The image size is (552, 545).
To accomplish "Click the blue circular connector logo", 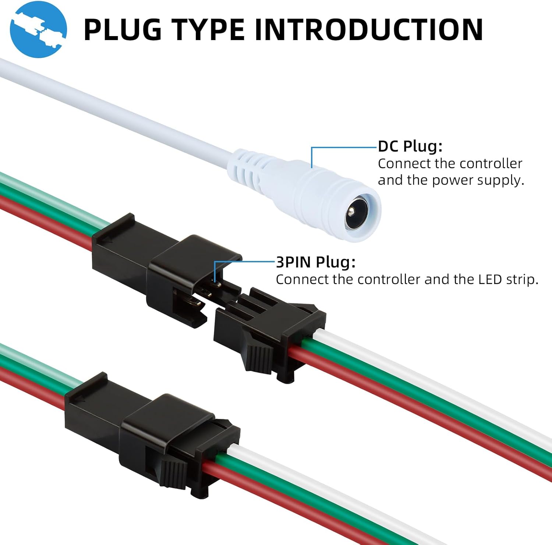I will [x=38, y=29].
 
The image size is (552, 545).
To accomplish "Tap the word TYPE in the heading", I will [x=208, y=29].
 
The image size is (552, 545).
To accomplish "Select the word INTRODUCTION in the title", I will [x=368, y=29].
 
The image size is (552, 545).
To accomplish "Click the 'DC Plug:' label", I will [x=410, y=146].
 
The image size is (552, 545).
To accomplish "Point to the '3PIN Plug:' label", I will [x=316, y=262].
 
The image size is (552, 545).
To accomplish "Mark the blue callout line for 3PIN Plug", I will [x=245, y=262].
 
